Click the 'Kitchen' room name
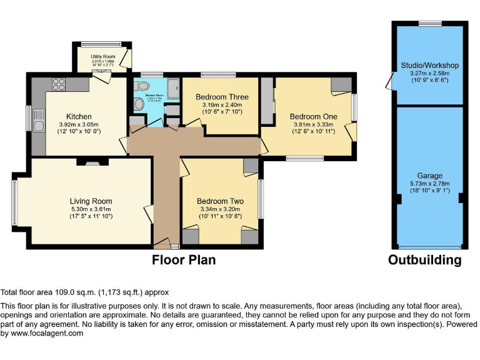click(x=79, y=117)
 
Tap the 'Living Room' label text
click(x=91, y=201)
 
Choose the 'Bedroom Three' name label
click(x=222, y=97)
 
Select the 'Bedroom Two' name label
click(x=220, y=201)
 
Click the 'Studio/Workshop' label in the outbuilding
click(x=429, y=66)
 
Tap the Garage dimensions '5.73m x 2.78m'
click(x=430, y=184)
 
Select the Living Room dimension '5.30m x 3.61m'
click(x=91, y=209)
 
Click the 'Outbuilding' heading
click(x=425, y=260)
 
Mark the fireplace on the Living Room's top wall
click(x=91, y=161)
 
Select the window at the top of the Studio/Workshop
click(x=429, y=24)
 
